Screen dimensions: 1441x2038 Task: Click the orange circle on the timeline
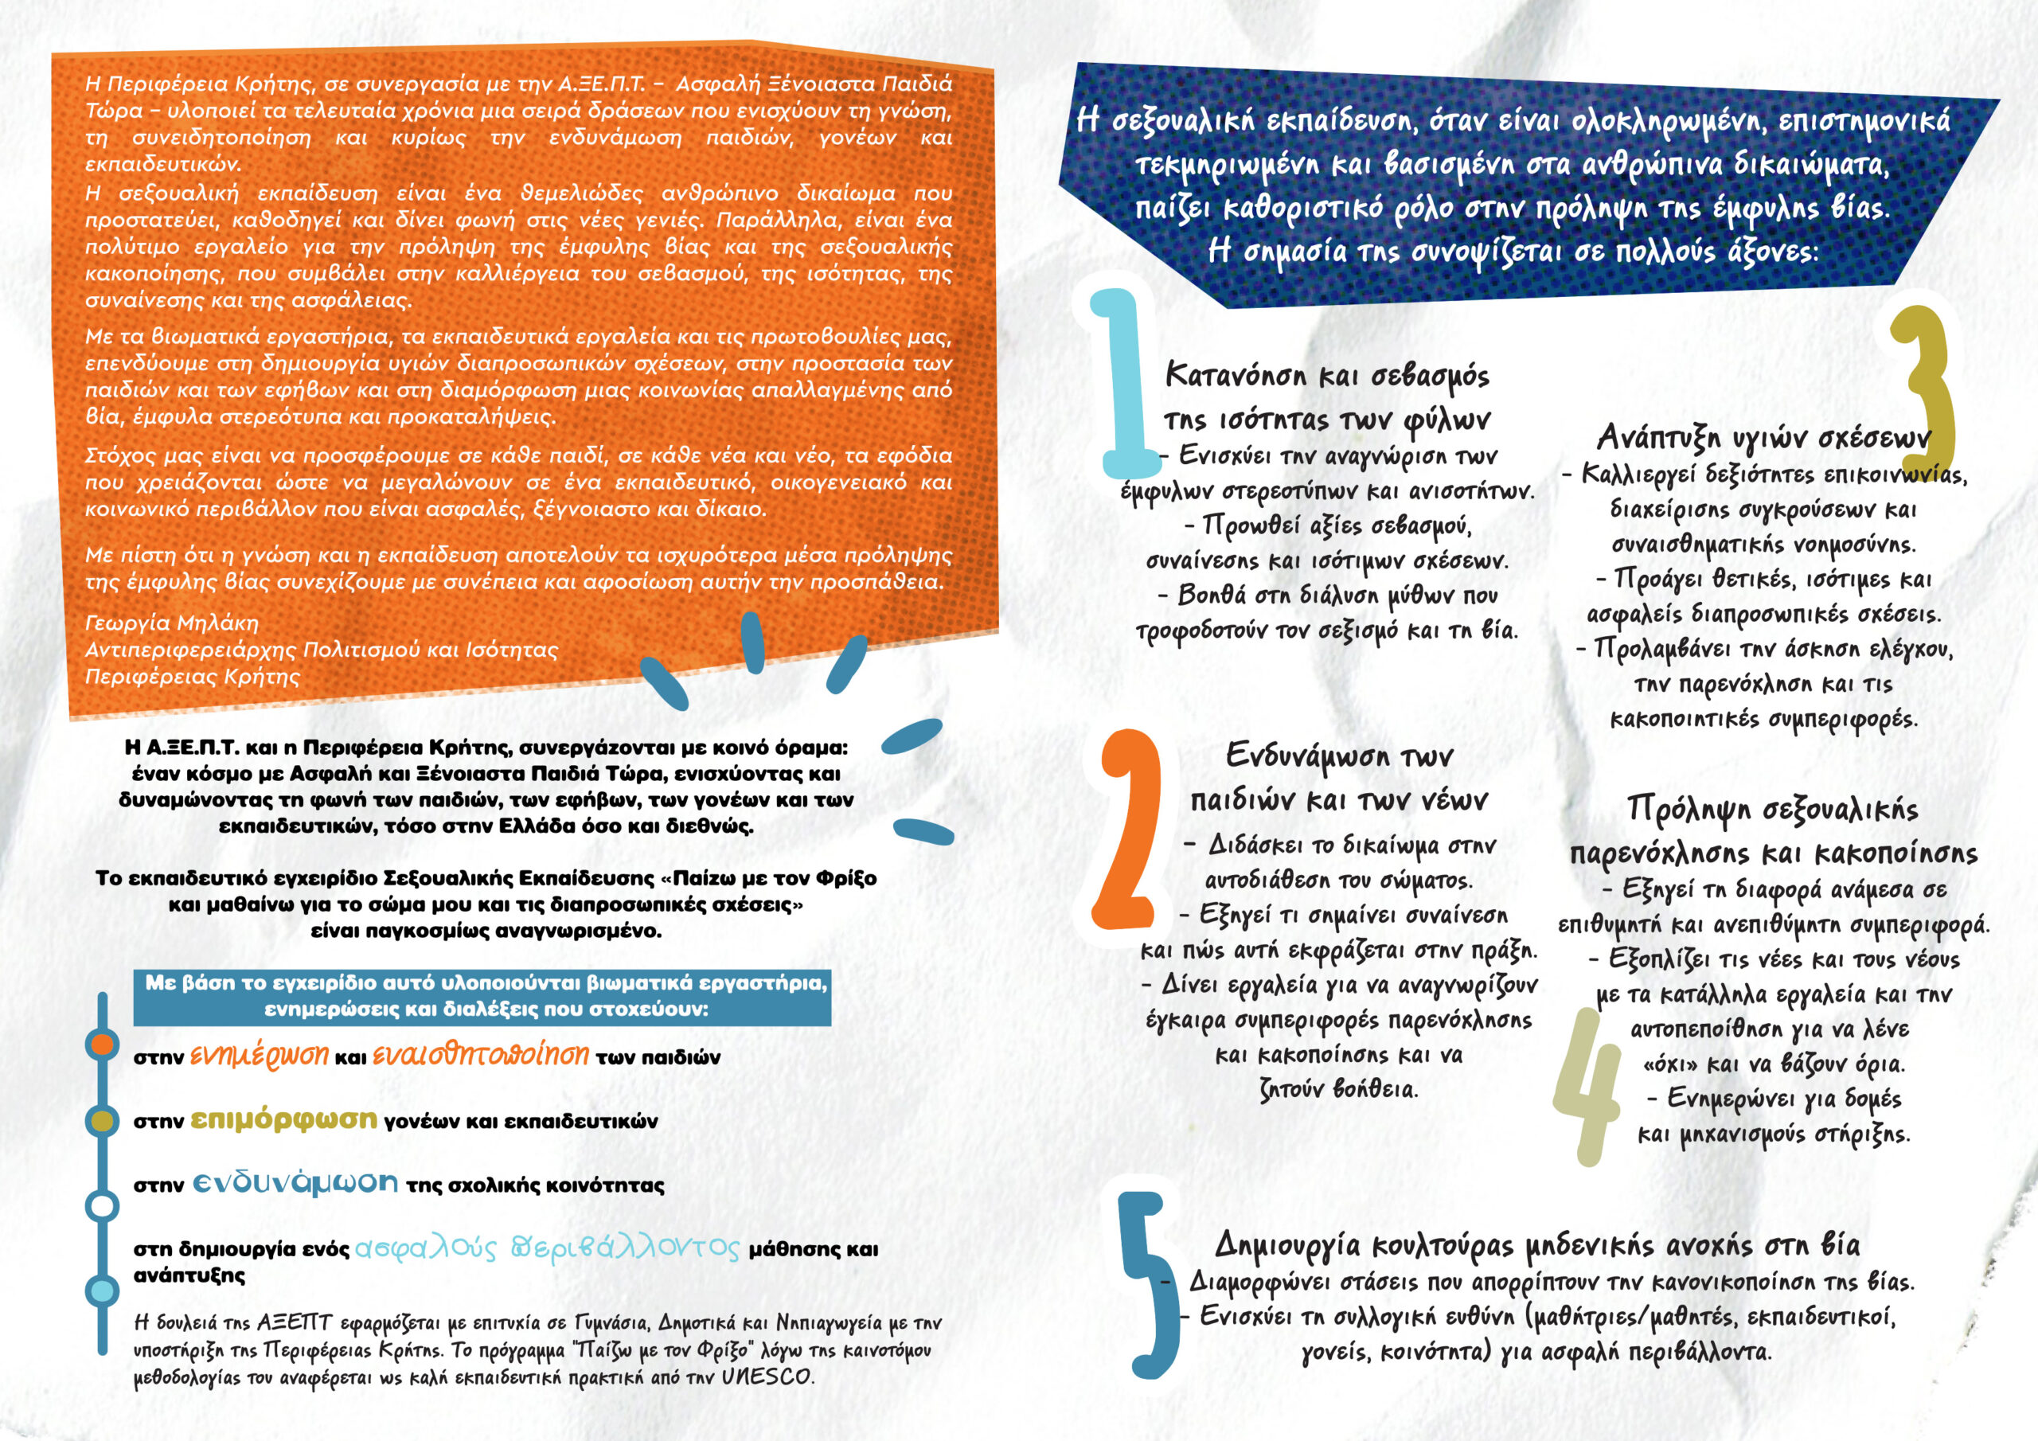coord(103,1044)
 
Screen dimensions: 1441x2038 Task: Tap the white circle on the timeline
coord(103,1205)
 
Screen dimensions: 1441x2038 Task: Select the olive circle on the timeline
coord(103,1120)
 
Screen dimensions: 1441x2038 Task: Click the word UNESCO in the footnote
coord(767,1377)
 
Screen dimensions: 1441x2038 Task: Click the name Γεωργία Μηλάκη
coord(171,623)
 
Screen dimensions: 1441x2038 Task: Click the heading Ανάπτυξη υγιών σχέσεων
coord(1763,437)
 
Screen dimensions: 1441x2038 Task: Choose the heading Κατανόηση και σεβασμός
coord(1327,375)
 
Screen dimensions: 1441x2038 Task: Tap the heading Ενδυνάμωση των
coord(1338,756)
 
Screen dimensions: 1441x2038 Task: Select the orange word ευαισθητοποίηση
coord(480,1054)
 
